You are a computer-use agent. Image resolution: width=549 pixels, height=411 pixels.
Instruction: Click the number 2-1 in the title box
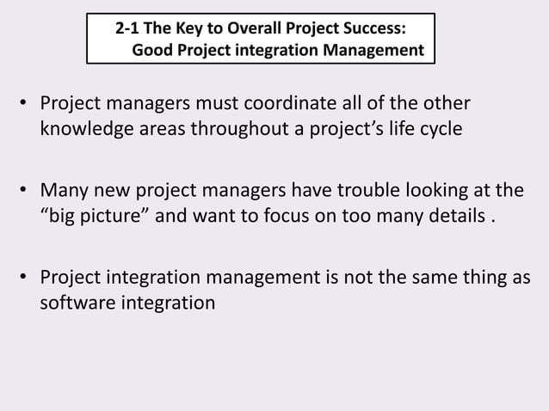[129, 30]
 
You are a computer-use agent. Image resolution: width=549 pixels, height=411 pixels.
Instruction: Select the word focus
[287, 214]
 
